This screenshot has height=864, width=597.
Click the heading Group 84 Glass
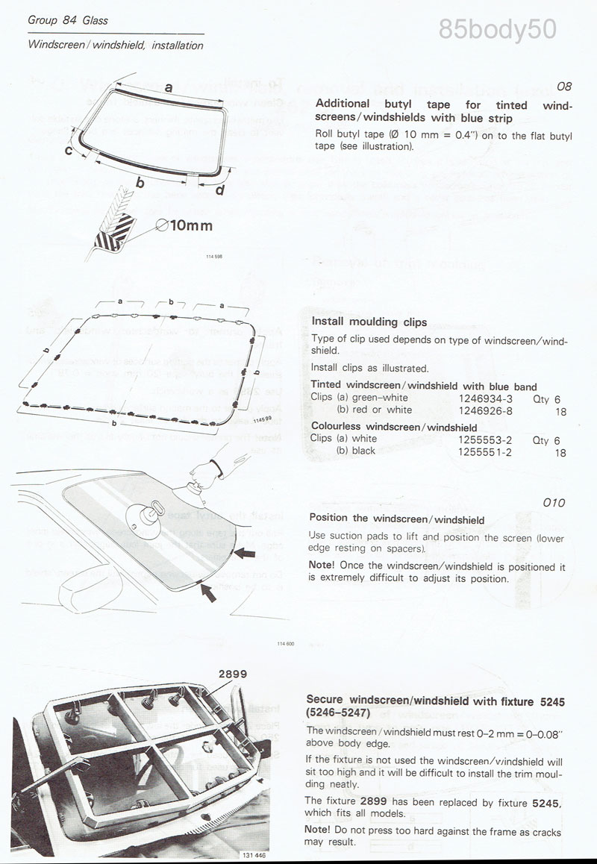pyautogui.click(x=68, y=20)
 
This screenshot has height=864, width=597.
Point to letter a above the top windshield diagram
pyautogui.click(x=169, y=87)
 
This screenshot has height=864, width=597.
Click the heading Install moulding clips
pyautogui.click(x=369, y=322)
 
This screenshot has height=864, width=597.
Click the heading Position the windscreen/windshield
pyautogui.click(x=397, y=519)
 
